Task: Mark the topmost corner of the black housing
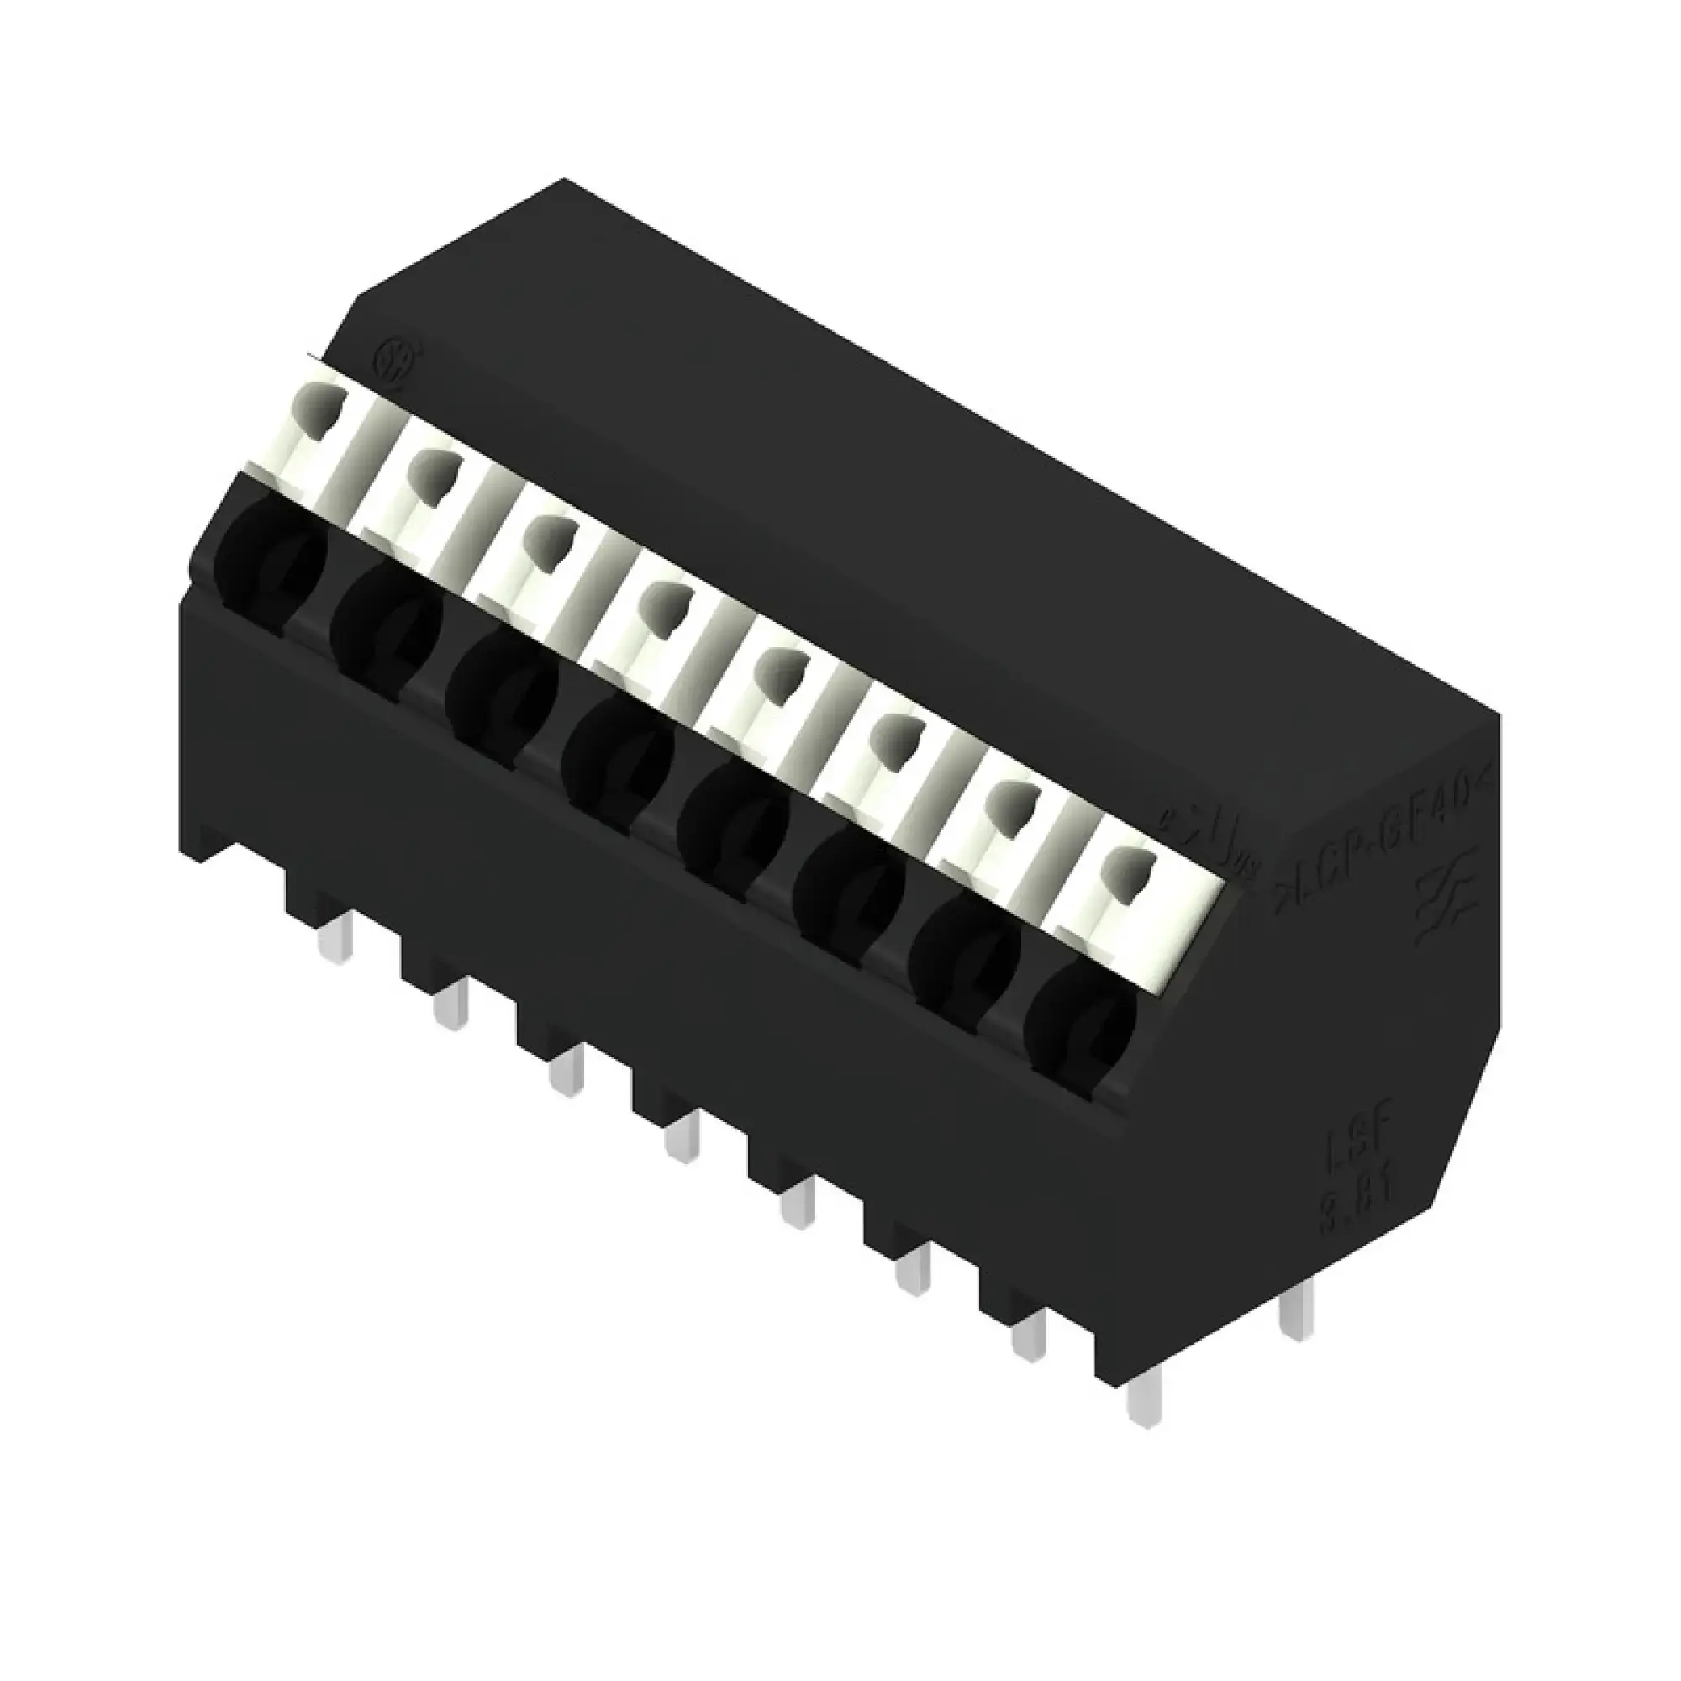click(x=564, y=178)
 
